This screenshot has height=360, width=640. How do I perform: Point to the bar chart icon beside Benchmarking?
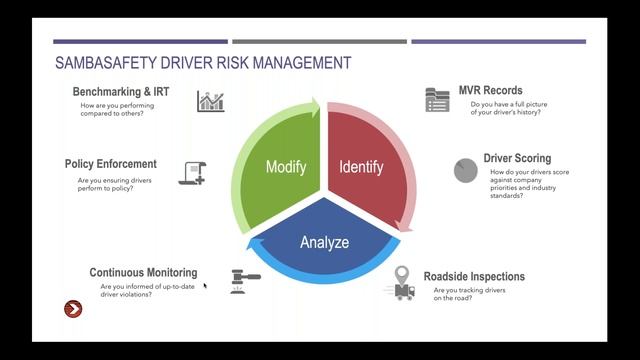(x=210, y=100)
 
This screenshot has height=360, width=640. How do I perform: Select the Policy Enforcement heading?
(x=110, y=164)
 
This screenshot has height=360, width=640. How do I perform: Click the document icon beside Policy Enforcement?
(x=192, y=172)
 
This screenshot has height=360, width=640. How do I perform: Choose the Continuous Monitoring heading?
(x=143, y=273)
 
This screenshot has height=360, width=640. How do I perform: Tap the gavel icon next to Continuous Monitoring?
(x=245, y=279)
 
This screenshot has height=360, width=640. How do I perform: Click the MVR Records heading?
(x=490, y=91)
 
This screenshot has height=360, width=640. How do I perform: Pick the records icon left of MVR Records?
(x=437, y=99)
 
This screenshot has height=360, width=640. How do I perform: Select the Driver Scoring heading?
(x=518, y=159)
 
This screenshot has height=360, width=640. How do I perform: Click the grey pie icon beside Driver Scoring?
(x=466, y=170)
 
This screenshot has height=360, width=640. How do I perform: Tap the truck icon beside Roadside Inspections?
(x=403, y=291)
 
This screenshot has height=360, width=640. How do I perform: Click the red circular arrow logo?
(x=73, y=309)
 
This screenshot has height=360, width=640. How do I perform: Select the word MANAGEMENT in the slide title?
(x=301, y=63)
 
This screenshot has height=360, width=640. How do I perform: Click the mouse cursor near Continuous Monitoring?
(x=206, y=287)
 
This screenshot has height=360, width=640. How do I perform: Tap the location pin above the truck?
(x=404, y=274)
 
